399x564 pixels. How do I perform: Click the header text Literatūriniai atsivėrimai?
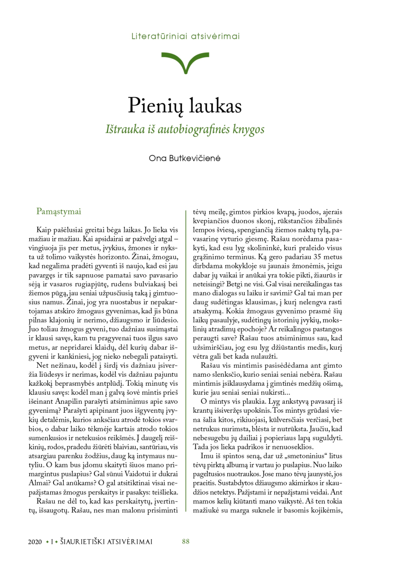[186, 36]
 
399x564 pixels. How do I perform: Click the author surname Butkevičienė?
[195, 158]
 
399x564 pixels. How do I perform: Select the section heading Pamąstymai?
[59, 211]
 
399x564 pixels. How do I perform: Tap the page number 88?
[186, 541]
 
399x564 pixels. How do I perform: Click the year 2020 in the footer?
[35, 542]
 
